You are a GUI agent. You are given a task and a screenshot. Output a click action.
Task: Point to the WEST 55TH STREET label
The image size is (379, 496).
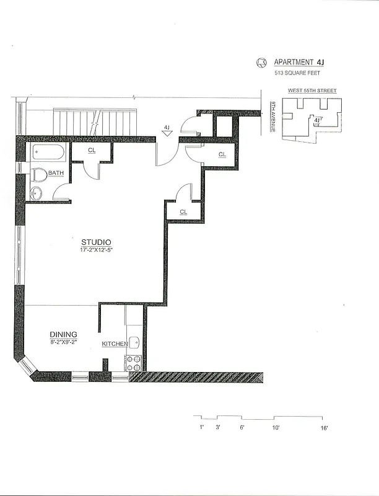312,91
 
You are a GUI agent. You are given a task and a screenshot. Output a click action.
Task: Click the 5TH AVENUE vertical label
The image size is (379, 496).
272,116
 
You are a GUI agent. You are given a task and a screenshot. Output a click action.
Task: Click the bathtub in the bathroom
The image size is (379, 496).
47,153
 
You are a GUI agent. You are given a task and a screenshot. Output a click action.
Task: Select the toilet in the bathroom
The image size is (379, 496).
38,175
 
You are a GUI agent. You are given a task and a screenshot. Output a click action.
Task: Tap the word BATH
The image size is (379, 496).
56,173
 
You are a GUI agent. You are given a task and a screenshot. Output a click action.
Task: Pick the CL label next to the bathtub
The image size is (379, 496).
91,151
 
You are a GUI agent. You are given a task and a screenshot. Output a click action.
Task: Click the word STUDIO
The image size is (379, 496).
96,241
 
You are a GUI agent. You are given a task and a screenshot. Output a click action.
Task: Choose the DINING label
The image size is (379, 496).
64,335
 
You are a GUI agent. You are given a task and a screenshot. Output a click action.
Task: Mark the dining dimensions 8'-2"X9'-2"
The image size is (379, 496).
64,342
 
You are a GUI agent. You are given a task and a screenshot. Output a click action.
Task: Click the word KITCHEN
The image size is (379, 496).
115,344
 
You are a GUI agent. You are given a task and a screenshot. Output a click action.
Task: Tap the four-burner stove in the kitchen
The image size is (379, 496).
134,363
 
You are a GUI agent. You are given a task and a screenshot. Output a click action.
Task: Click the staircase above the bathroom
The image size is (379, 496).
94,122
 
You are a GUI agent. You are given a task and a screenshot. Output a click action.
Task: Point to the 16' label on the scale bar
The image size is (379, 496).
324,428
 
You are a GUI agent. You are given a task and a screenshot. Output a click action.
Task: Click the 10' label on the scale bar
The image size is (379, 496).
276,428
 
